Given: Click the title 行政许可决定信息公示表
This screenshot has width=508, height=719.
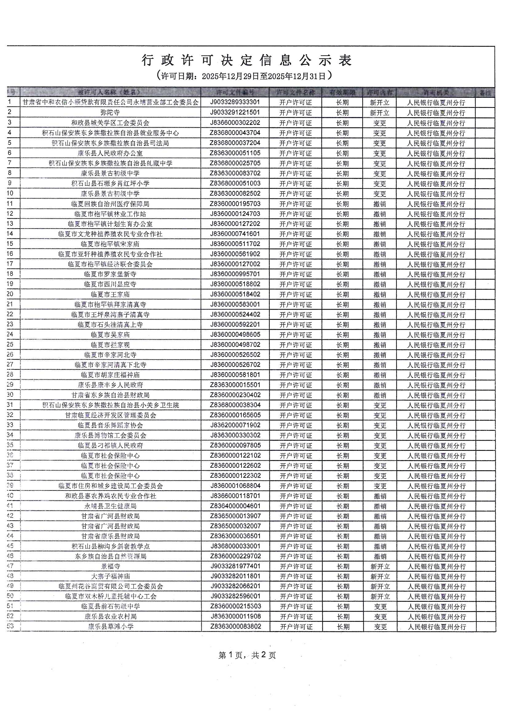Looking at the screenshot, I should [247, 60].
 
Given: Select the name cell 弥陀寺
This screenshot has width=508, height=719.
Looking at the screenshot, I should [110, 113].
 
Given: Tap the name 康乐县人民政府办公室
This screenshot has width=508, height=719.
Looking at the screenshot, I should [110, 153].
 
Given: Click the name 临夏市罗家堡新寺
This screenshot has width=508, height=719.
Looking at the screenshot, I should [110, 274].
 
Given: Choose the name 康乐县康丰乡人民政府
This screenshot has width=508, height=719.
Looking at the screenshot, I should [110, 385].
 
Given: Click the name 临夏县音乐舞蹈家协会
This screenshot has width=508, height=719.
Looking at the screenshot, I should [110, 425].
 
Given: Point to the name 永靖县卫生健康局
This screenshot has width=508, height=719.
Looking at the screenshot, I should [110, 506].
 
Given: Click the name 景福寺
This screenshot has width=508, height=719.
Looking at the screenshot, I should [110, 566].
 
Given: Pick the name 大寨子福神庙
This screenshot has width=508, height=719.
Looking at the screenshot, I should [110, 576].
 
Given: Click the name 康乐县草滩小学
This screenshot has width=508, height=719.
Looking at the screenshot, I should [110, 627].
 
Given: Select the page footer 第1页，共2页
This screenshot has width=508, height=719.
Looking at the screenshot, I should [247, 655].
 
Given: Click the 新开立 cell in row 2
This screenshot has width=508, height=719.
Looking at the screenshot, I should [379, 113].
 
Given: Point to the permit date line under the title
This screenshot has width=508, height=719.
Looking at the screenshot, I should [244, 76].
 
